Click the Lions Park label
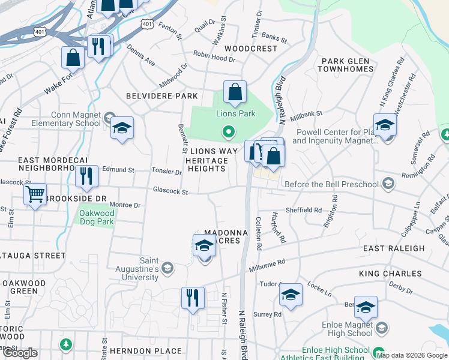[235, 113]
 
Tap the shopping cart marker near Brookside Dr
[35, 194]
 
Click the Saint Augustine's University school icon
[168, 267]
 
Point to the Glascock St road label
[170, 191]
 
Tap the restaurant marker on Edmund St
[88, 176]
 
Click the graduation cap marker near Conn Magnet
[122, 128]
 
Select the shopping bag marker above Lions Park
[235, 92]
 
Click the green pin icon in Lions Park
[228, 131]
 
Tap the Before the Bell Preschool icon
[388, 184]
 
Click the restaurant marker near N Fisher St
[193, 298]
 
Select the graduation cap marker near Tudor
[291, 295]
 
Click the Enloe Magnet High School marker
[365, 308]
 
